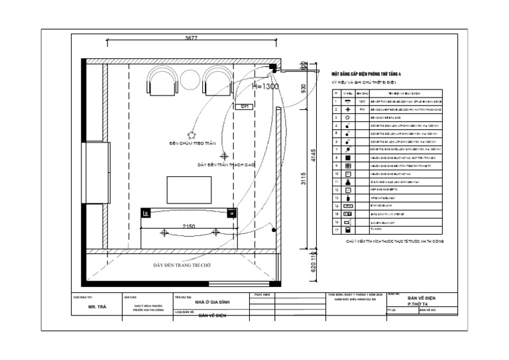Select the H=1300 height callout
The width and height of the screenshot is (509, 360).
pyautogui.click(x=265, y=87)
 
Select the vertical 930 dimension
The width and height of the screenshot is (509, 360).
pyautogui.click(x=303, y=88)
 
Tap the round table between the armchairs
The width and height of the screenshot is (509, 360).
pyautogui.click(x=190, y=78)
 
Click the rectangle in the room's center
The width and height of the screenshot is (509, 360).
pyautogui.click(x=189, y=190)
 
